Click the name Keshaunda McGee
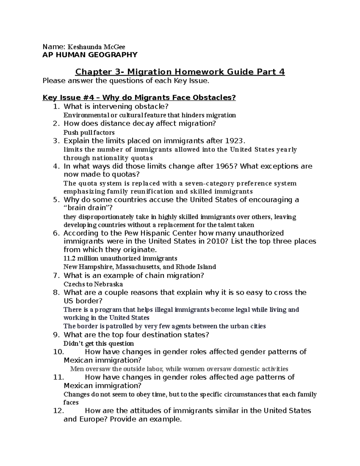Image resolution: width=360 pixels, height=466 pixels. (97, 47)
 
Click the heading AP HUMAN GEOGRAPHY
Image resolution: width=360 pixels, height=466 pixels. (90, 55)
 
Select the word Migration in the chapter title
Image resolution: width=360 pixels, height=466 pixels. (150, 72)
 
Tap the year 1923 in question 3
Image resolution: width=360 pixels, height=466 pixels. (233, 141)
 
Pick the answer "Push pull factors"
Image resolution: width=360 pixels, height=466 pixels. (89, 132)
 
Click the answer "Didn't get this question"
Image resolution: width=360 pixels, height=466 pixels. (99, 343)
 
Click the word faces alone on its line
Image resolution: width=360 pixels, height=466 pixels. (71, 402)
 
